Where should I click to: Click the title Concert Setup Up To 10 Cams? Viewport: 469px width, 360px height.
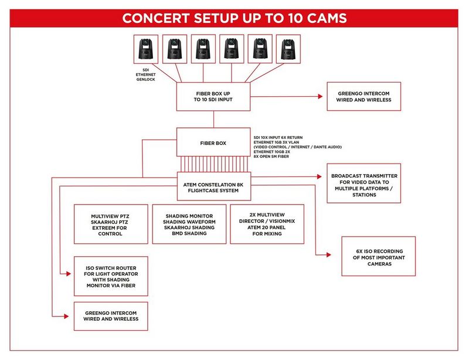click(x=235, y=18)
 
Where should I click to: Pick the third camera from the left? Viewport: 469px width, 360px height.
click(x=202, y=49)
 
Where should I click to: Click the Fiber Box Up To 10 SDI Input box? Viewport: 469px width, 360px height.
click(x=213, y=96)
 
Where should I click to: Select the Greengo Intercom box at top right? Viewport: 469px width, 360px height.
click(x=363, y=96)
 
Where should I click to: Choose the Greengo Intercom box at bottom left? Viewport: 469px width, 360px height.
click(x=111, y=316)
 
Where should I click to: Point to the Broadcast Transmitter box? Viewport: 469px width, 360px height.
click(x=363, y=183)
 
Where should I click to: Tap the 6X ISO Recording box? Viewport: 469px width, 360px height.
click(x=379, y=256)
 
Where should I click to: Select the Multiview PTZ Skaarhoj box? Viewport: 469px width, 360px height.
click(x=111, y=224)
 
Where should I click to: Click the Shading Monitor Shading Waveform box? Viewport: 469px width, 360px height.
click(x=189, y=224)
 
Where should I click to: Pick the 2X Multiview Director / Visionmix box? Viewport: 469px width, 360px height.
click(x=267, y=224)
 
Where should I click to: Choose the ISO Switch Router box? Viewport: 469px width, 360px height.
click(x=111, y=276)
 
